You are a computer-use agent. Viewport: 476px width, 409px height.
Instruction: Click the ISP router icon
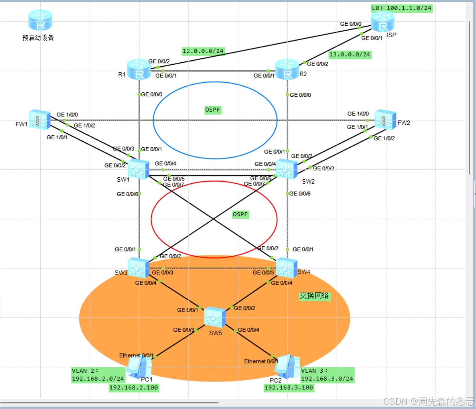click(382, 22)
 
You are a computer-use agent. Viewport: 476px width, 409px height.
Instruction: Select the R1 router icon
click(139, 69)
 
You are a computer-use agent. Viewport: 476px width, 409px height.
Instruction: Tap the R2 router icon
click(287, 69)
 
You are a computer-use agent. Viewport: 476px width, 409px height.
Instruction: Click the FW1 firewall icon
click(40, 120)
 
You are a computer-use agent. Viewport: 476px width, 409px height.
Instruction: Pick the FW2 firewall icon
click(385, 120)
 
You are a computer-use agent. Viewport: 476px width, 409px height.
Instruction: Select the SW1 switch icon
click(138, 169)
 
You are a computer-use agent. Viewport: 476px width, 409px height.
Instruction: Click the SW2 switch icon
click(286, 169)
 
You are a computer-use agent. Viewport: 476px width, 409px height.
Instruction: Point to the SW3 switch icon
click(138, 268)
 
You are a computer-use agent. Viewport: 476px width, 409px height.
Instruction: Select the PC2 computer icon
click(287, 367)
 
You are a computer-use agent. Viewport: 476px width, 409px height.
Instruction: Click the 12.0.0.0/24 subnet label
click(203, 51)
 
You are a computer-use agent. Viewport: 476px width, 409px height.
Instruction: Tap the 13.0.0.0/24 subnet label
click(350, 54)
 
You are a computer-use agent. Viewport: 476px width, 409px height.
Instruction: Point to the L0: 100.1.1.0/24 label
click(401, 8)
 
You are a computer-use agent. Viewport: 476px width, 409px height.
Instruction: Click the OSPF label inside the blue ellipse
click(213, 110)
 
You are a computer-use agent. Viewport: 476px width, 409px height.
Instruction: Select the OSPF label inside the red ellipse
click(240, 214)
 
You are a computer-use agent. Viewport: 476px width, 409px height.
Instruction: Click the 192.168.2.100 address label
click(134, 388)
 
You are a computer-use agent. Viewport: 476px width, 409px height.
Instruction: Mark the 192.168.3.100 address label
click(289, 388)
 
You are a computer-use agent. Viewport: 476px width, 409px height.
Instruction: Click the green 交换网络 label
click(314, 296)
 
